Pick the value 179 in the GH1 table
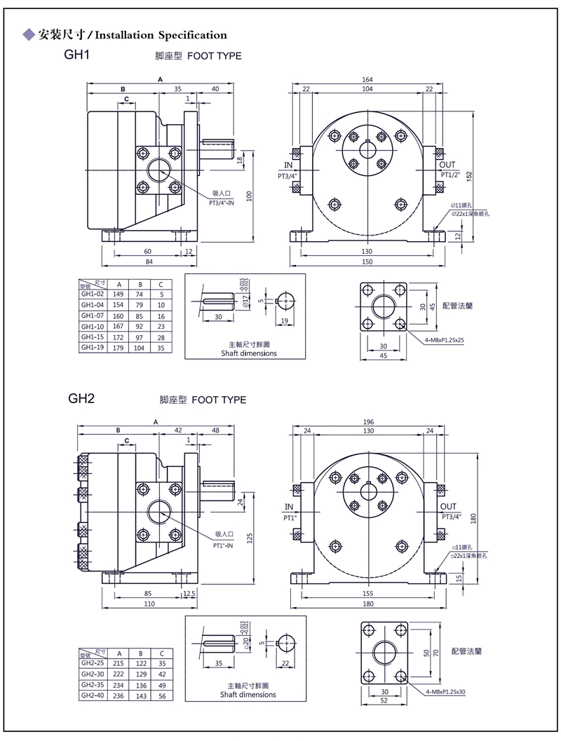point(120,347)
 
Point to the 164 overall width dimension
point(367,79)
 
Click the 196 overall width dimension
point(369,422)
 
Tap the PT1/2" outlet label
point(450,175)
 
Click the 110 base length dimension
point(148,604)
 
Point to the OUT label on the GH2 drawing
point(448,506)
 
